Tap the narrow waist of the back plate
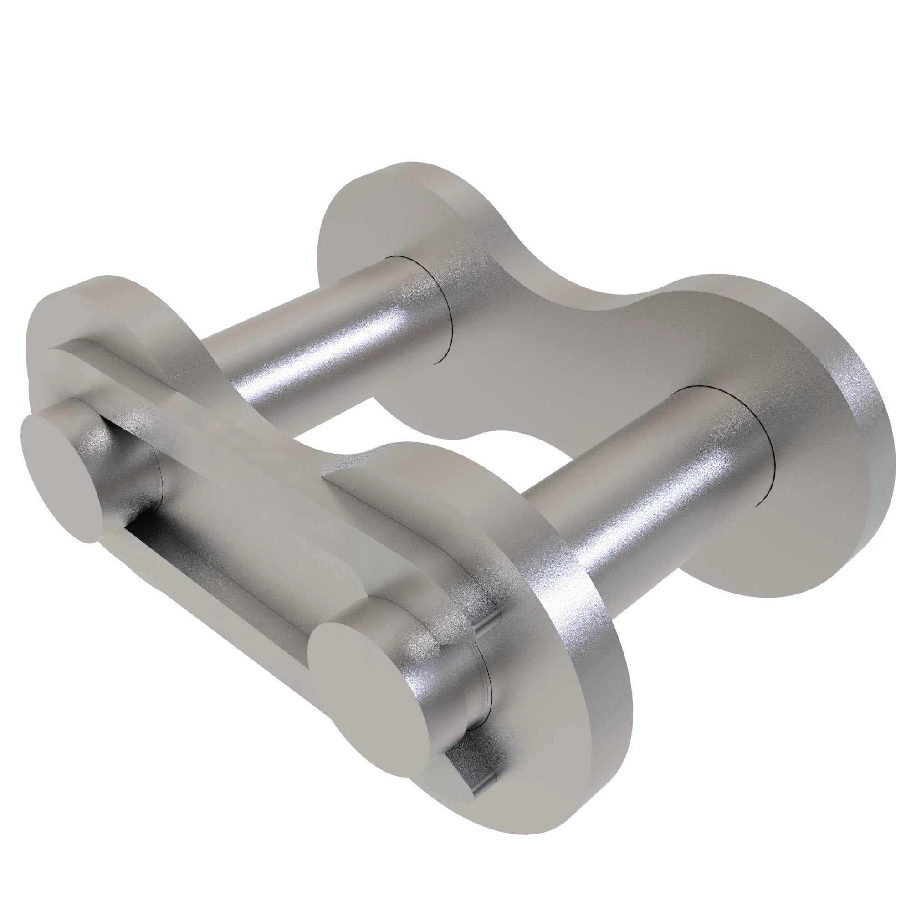[x=566, y=363]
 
